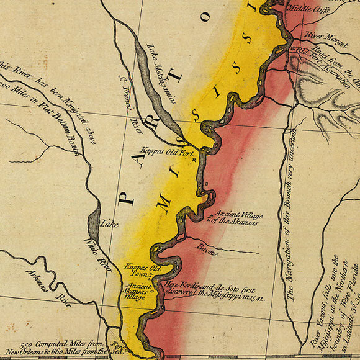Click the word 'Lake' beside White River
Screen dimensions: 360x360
pyautogui.click(x=109, y=224)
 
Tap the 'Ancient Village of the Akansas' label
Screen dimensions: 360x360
pyautogui.click(x=236, y=218)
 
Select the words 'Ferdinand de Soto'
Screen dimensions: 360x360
pyautogui.click(x=210, y=287)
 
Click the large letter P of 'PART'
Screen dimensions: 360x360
pyautogui.click(x=126, y=197)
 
